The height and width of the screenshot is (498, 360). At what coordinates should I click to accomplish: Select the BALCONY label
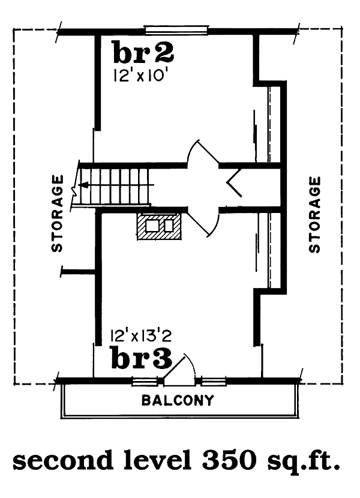(177, 400)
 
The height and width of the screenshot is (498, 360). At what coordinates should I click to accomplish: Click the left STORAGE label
(57, 213)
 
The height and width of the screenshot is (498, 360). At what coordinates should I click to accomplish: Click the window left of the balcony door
(144, 380)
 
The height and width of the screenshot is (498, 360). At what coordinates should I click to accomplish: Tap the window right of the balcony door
(214, 380)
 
